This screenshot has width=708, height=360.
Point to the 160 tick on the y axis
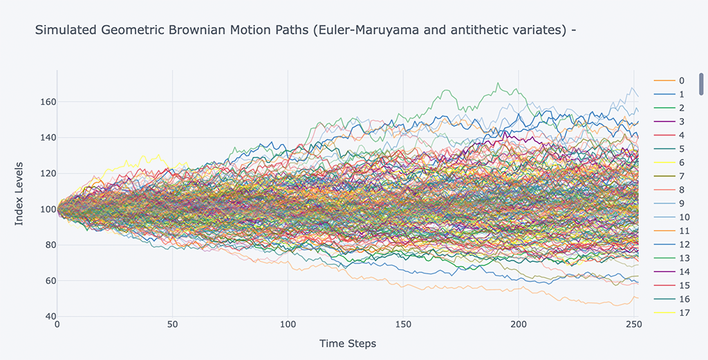coord(47,102)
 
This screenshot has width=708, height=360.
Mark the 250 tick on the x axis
coord(634,325)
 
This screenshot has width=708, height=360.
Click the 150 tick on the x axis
coord(403,325)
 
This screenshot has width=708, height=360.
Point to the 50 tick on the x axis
coord(172,325)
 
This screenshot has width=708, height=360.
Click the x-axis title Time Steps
coord(348,343)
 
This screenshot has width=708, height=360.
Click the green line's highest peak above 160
coord(496,84)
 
